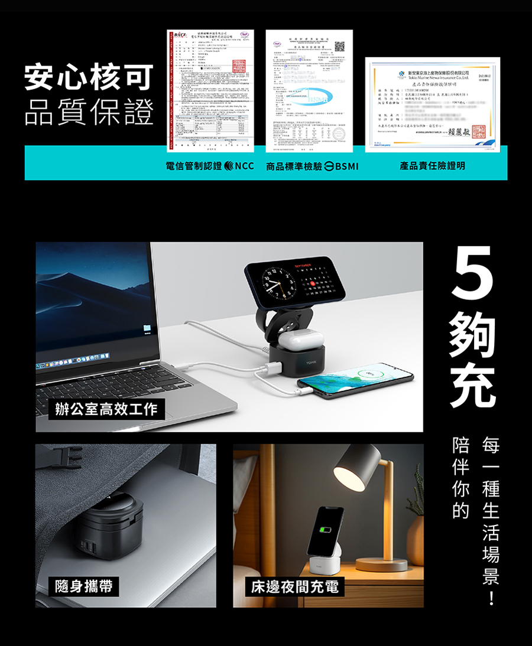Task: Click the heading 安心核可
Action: click(89, 79)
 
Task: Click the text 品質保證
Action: click(89, 112)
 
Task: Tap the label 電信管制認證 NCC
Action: click(210, 166)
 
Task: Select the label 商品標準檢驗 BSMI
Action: click(312, 166)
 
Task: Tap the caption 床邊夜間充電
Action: click(294, 586)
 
